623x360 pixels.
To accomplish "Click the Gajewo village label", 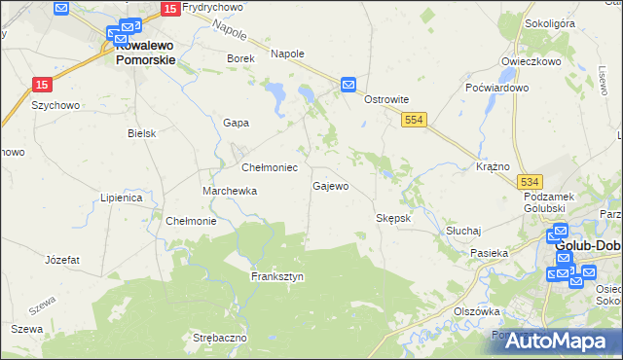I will (x=330, y=186).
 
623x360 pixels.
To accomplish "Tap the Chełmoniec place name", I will (x=262, y=167).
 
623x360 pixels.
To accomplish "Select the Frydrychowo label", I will (x=211, y=8).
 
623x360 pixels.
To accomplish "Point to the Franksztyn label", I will (x=277, y=276).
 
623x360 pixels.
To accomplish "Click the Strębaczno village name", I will (x=220, y=338).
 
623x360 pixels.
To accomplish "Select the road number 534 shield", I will (x=530, y=182).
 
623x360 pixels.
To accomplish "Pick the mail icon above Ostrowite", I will (x=348, y=86).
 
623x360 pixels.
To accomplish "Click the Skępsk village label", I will (x=394, y=218).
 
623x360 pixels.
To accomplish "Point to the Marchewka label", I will (x=230, y=191).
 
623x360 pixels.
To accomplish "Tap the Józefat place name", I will (x=62, y=260).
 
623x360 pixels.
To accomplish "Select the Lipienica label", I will (x=122, y=198).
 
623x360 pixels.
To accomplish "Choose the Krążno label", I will (x=494, y=166).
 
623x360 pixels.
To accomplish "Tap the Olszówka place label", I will (x=477, y=311).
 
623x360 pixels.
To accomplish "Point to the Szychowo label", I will (x=55, y=104).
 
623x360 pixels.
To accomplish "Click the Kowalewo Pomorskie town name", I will (x=145, y=52).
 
